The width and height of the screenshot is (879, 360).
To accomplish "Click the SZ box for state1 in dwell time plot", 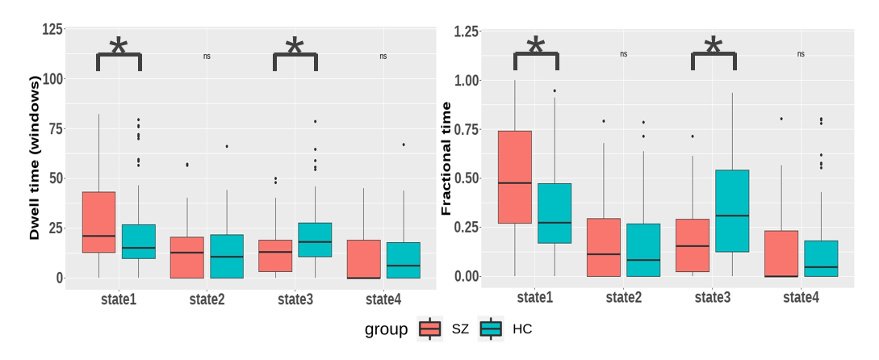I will pyautogui.click(x=99, y=222).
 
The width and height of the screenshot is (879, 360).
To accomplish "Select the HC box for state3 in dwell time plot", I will pyautogui.click(x=316, y=240).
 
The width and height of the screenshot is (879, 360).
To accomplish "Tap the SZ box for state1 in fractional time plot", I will pyautogui.click(x=516, y=177).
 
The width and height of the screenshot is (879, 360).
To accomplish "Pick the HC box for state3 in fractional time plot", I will pyautogui.click(x=731, y=211).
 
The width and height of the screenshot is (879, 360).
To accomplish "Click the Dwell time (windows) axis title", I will pyautogui.click(x=35, y=158).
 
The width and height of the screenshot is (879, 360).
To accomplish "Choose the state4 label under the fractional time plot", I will pyautogui.click(x=801, y=298).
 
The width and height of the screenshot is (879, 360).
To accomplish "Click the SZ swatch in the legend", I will pyautogui.click(x=430, y=329).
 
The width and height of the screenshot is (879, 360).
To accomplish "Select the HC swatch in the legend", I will pyautogui.click(x=491, y=329).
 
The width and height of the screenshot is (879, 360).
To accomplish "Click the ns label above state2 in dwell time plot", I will pyautogui.click(x=207, y=57).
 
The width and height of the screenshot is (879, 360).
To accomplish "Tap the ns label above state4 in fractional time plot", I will pyautogui.click(x=801, y=54).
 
